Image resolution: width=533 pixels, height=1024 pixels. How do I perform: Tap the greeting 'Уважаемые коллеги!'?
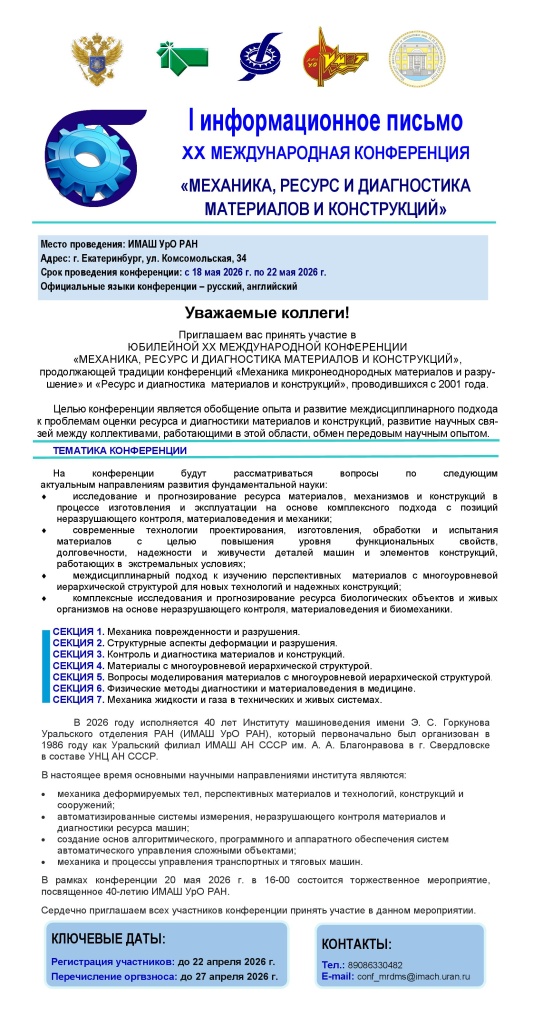coord(266,313)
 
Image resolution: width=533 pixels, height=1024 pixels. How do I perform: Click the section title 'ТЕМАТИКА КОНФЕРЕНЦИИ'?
coord(112,451)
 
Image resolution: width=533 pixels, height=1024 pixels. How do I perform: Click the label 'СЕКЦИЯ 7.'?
coord(78,699)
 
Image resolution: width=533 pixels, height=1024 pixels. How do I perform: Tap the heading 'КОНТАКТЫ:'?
coord(356,945)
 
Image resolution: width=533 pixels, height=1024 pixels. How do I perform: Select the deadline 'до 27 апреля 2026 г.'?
coord(229,975)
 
